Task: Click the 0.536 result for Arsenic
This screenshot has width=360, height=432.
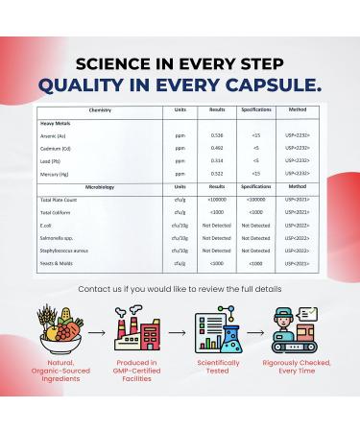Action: (217, 135)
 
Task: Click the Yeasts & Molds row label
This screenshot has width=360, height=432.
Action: (60, 261)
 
